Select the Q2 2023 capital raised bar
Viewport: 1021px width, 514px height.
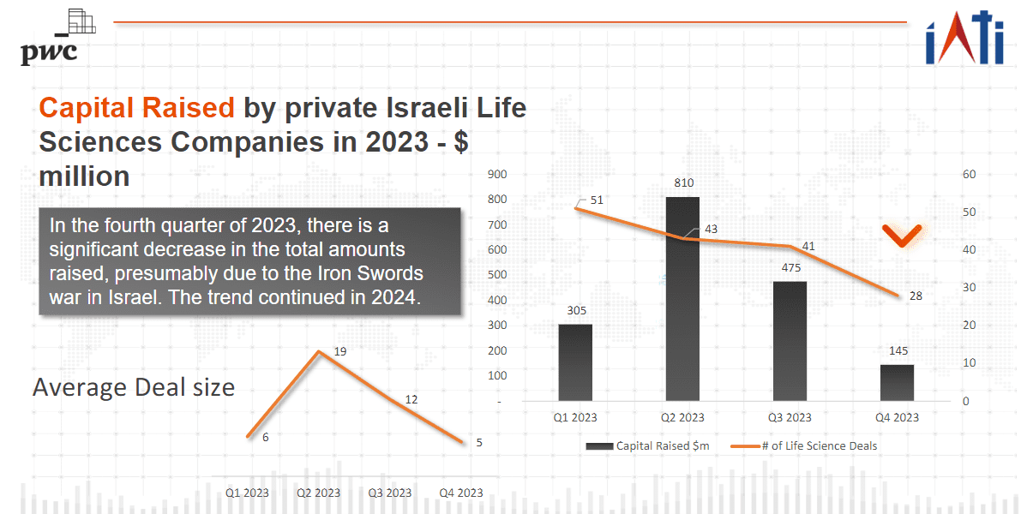pos(682,299)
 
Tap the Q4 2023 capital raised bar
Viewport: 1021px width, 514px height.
pos(897,382)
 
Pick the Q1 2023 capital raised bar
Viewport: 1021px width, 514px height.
pos(575,362)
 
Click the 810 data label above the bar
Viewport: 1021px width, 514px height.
pos(683,182)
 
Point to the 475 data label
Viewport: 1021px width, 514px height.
pos(790,267)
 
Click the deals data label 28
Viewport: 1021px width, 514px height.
pos(916,296)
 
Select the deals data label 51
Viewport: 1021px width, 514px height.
pos(597,200)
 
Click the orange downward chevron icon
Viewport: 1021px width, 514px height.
pos(903,236)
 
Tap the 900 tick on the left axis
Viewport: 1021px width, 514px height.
pos(497,175)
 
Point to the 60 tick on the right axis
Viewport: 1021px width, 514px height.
pos(969,175)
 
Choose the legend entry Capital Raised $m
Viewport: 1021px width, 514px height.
pos(648,445)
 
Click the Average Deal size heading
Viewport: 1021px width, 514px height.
pos(134,387)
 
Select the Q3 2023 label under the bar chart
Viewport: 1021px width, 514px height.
pos(790,417)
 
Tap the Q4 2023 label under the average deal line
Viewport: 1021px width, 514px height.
pos(460,493)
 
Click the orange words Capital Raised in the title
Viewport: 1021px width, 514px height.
pos(137,108)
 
